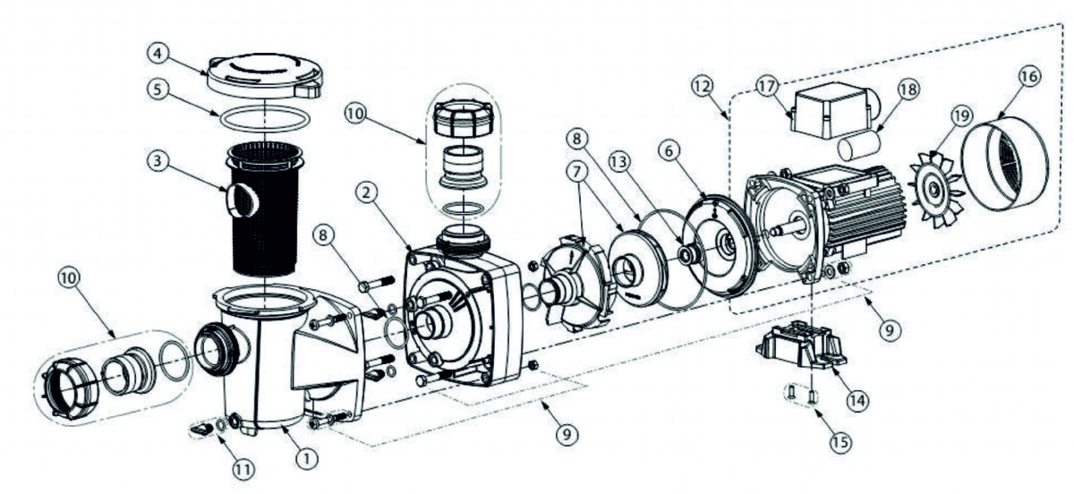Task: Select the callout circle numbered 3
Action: [x=157, y=163]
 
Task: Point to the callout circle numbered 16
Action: [x=1028, y=77]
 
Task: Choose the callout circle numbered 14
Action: [x=857, y=400]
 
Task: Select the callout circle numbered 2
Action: [x=365, y=191]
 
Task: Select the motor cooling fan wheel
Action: [x=933, y=188]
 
